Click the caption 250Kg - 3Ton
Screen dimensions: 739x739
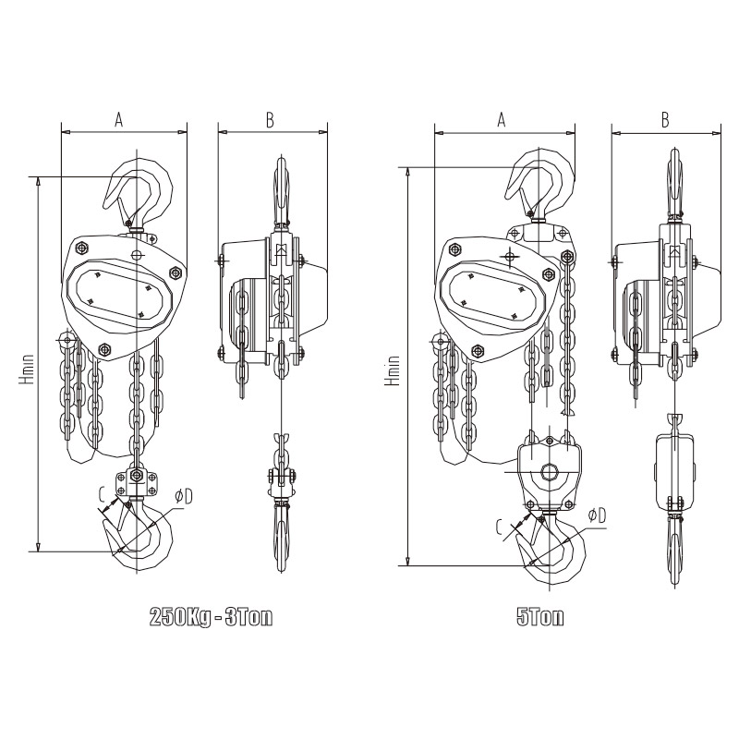coord(211,617)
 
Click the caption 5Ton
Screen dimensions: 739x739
coord(540,617)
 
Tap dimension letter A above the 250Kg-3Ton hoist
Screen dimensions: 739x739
coord(119,119)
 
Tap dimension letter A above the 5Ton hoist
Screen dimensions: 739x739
coord(502,119)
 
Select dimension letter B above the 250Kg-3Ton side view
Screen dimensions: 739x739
coord(270,120)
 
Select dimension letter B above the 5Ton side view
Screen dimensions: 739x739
coord(665,120)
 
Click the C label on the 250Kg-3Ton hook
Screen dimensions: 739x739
coord(102,494)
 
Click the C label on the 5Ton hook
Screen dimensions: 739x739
coord(501,527)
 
